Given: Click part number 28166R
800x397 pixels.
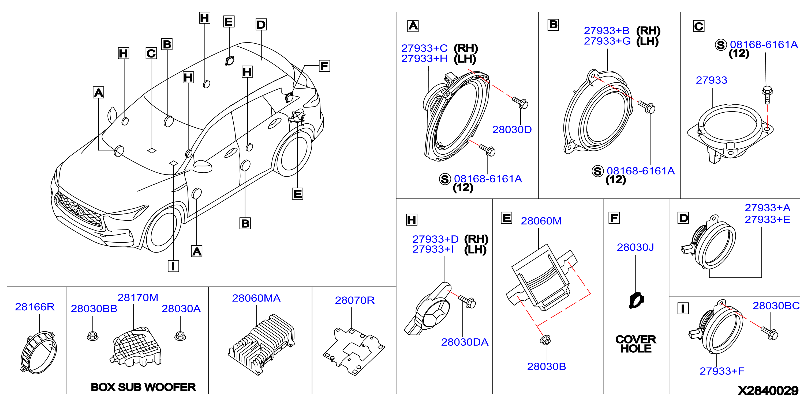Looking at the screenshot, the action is tap(35, 307).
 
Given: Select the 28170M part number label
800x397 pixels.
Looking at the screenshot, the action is tap(138, 297).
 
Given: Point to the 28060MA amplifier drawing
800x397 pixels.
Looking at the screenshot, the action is tap(261, 345).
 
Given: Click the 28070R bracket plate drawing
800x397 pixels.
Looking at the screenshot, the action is tap(354, 351).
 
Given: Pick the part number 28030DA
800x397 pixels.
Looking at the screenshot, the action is tap(465, 342).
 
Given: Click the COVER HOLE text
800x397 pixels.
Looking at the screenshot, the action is tap(636, 344).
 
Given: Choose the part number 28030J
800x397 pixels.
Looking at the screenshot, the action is tap(635, 247).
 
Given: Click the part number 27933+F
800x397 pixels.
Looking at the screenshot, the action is tap(722, 371).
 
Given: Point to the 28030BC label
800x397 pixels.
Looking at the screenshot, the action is tap(776, 306).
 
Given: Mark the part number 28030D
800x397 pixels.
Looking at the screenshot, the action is tap(512, 130).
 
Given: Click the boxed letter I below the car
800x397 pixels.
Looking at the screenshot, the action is tap(173, 266).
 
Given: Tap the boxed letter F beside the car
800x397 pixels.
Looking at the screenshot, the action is tap(324, 66).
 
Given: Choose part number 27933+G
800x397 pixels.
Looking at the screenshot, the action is tap(607, 41).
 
